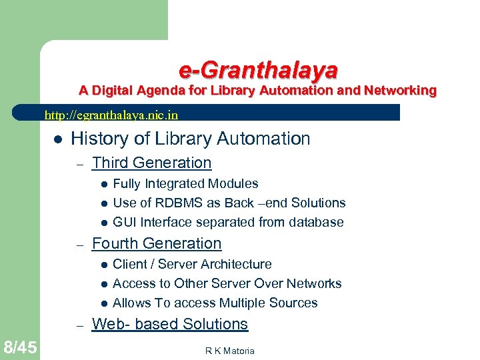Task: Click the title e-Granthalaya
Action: pyautogui.click(x=258, y=69)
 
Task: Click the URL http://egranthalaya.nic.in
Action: pyautogui.click(x=111, y=115)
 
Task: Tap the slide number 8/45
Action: pyautogui.click(x=20, y=347)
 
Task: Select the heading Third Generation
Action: pyautogui.click(x=151, y=163)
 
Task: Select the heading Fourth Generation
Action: pyautogui.click(x=156, y=243)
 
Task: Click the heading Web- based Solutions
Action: pyautogui.click(x=169, y=324)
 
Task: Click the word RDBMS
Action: pyautogui.click(x=180, y=203)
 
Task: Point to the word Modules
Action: pyautogui.click(x=233, y=183)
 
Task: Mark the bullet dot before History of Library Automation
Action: pyautogui.click(x=58, y=139)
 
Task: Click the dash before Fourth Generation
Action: pyautogui.click(x=79, y=245)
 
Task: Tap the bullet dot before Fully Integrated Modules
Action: pyautogui.click(x=103, y=184)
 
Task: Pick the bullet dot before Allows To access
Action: pyautogui.click(x=103, y=303)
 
